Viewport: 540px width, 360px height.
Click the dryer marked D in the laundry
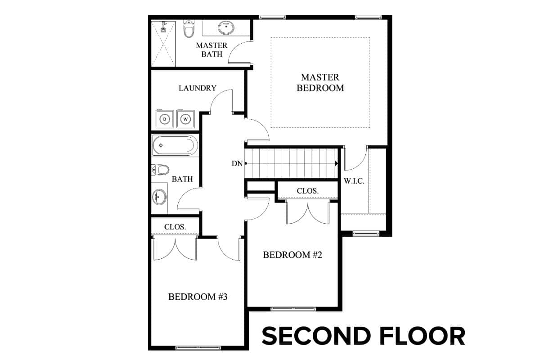165,119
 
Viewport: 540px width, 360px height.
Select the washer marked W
185,119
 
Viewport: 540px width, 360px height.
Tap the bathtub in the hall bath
175,145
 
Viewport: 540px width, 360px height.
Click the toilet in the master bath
189,29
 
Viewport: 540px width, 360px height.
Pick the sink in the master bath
226,28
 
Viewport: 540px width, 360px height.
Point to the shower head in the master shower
164,27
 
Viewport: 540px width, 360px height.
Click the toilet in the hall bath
160,170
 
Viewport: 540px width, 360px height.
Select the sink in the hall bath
159,197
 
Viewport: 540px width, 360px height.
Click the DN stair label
237,163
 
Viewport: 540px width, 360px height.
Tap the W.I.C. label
354,181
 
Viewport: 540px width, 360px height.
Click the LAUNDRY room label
198,88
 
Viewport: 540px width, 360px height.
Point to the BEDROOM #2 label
292,255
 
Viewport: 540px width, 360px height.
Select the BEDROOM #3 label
198,297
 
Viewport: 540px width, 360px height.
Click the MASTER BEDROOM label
320,82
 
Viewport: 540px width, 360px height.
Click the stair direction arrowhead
336,163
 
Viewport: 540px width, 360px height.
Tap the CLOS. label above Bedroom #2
308,191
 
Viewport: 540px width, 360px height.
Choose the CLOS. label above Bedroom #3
175,227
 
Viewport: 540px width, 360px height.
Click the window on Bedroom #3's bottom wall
198,348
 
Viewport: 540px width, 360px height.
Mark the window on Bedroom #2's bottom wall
293,309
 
